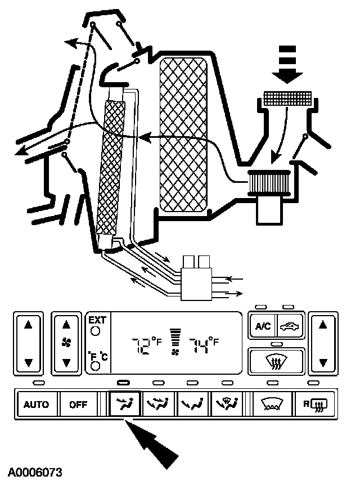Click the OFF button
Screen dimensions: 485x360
pyautogui.click(x=74, y=405)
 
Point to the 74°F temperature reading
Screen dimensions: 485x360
pyautogui.click(x=203, y=344)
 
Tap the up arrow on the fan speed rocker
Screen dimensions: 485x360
pyautogui.click(x=67, y=324)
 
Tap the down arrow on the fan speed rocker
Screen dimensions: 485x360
pyautogui.click(x=67, y=363)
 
